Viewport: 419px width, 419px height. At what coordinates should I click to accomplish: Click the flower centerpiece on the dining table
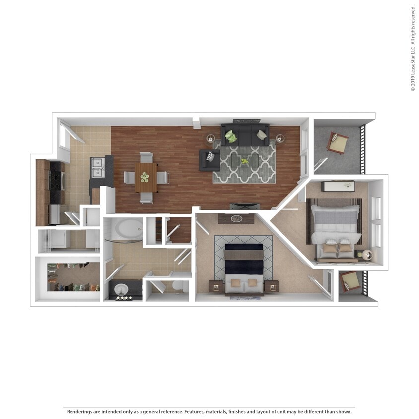click(x=145, y=176)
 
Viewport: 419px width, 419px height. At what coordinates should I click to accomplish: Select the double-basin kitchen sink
click(x=97, y=167)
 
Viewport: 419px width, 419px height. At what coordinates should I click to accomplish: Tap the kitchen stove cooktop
click(x=56, y=181)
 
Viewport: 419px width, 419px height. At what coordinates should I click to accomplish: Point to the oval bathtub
click(x=129, y=229)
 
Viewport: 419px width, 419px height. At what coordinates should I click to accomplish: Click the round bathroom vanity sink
click(x=121, y=289)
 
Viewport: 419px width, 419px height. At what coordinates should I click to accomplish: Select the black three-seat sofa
click(x=245, y=135)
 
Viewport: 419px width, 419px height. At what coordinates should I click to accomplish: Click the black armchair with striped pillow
click(x=209, y=160)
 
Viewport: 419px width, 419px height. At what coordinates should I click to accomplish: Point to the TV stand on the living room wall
click(x=244, y=206)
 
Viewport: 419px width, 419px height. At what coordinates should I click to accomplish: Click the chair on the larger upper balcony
click(x=337, y=142)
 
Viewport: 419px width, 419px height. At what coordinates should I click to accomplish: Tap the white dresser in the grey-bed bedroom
click(x=338, y=186)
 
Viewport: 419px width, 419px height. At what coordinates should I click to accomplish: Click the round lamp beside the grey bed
click(x=367, y=254)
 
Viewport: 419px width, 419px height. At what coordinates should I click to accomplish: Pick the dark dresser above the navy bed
click(x=236, y=218)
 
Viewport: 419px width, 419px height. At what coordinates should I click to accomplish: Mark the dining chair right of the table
click(x=163, y=177)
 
